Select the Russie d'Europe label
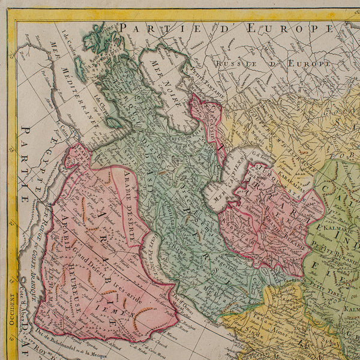274,62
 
